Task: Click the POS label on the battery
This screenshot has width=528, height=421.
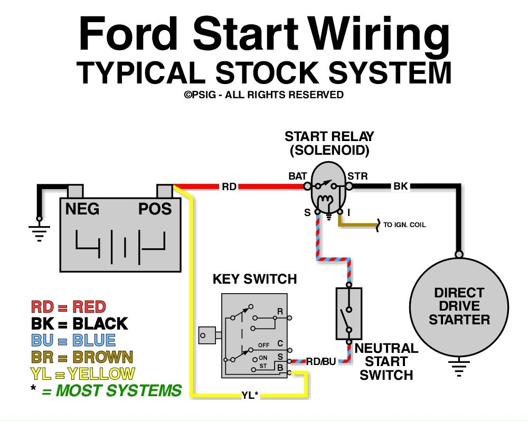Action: tap(155, 209)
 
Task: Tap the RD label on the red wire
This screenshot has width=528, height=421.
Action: tap(229, 186)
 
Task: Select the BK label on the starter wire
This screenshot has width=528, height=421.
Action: tap(400, 186)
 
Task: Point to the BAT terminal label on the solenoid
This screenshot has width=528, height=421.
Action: tap(297, 175)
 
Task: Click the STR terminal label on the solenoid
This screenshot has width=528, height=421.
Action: tap(357, 175)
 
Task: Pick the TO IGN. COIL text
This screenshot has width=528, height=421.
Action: tap(404, 225)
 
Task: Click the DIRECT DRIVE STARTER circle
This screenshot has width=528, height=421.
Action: tap(459, 306)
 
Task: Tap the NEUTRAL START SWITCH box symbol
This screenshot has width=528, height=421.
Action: tap(348, 313)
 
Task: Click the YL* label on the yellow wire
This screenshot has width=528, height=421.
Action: tap(250, 394)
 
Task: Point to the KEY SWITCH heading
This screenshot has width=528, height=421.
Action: tap(254, 279)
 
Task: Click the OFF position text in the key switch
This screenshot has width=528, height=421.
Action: tap(263, 345)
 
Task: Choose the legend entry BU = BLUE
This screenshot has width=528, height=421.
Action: tap(73, 340)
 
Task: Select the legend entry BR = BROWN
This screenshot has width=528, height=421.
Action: tap(82, 357)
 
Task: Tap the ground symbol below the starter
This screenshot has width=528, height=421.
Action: tap(459, 368)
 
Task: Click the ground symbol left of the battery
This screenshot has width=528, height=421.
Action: tap(39, 231)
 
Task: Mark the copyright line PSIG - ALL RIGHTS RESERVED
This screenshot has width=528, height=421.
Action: tap(263, 95)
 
